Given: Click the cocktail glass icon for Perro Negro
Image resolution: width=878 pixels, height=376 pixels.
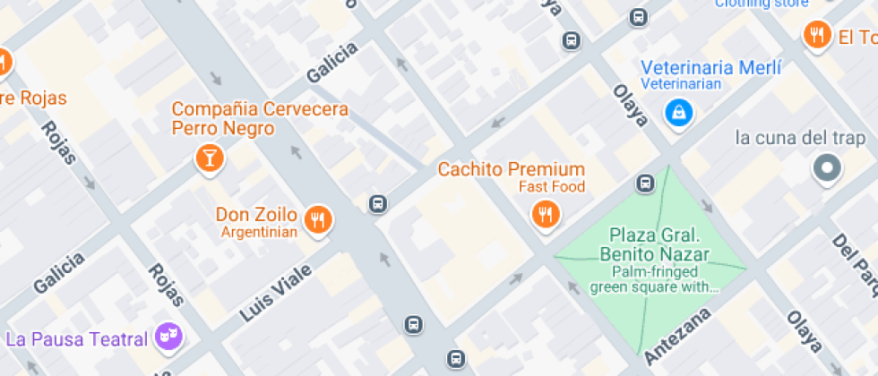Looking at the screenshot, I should [x=210, y=158].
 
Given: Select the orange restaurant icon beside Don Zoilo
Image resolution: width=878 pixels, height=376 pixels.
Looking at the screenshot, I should [x=317, y=218].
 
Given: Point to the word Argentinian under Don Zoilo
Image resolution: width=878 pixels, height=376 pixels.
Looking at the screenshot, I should [x=259, y=233].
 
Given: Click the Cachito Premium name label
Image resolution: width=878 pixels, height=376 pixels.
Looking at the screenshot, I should [x=511, y=169].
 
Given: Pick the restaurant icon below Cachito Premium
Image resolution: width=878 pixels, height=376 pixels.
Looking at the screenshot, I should [x=545, y=213].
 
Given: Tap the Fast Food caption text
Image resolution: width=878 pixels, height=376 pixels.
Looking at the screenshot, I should [x=552, y=187].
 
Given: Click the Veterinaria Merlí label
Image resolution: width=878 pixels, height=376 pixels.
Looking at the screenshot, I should [x=711, y=68].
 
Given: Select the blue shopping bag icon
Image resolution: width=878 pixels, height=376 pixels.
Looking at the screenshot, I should [x=679, y=113].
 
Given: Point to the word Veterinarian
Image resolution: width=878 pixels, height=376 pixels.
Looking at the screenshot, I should [x=682, y=84].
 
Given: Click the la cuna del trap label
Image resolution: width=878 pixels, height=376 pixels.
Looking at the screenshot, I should [x=800, y=138].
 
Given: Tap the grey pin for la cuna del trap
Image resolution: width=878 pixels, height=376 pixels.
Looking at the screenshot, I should [x=827, y=167].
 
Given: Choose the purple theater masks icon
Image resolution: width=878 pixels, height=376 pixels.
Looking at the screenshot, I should [x=167, y=337].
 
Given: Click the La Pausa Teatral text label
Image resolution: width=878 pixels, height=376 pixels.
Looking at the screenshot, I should [x=76, y=339].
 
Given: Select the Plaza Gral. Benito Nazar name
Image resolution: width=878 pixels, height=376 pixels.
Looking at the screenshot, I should [x=653, y=244].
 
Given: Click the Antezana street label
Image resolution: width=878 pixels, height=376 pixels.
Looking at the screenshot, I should [x=678, y=335].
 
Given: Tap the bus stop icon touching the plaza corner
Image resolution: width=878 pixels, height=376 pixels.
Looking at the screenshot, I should [x=644, y=184].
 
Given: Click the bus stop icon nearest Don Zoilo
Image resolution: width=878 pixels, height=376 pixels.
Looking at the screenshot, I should [x=378, y=204].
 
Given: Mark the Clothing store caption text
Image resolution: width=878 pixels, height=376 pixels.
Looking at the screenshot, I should [x=762, y=4].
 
